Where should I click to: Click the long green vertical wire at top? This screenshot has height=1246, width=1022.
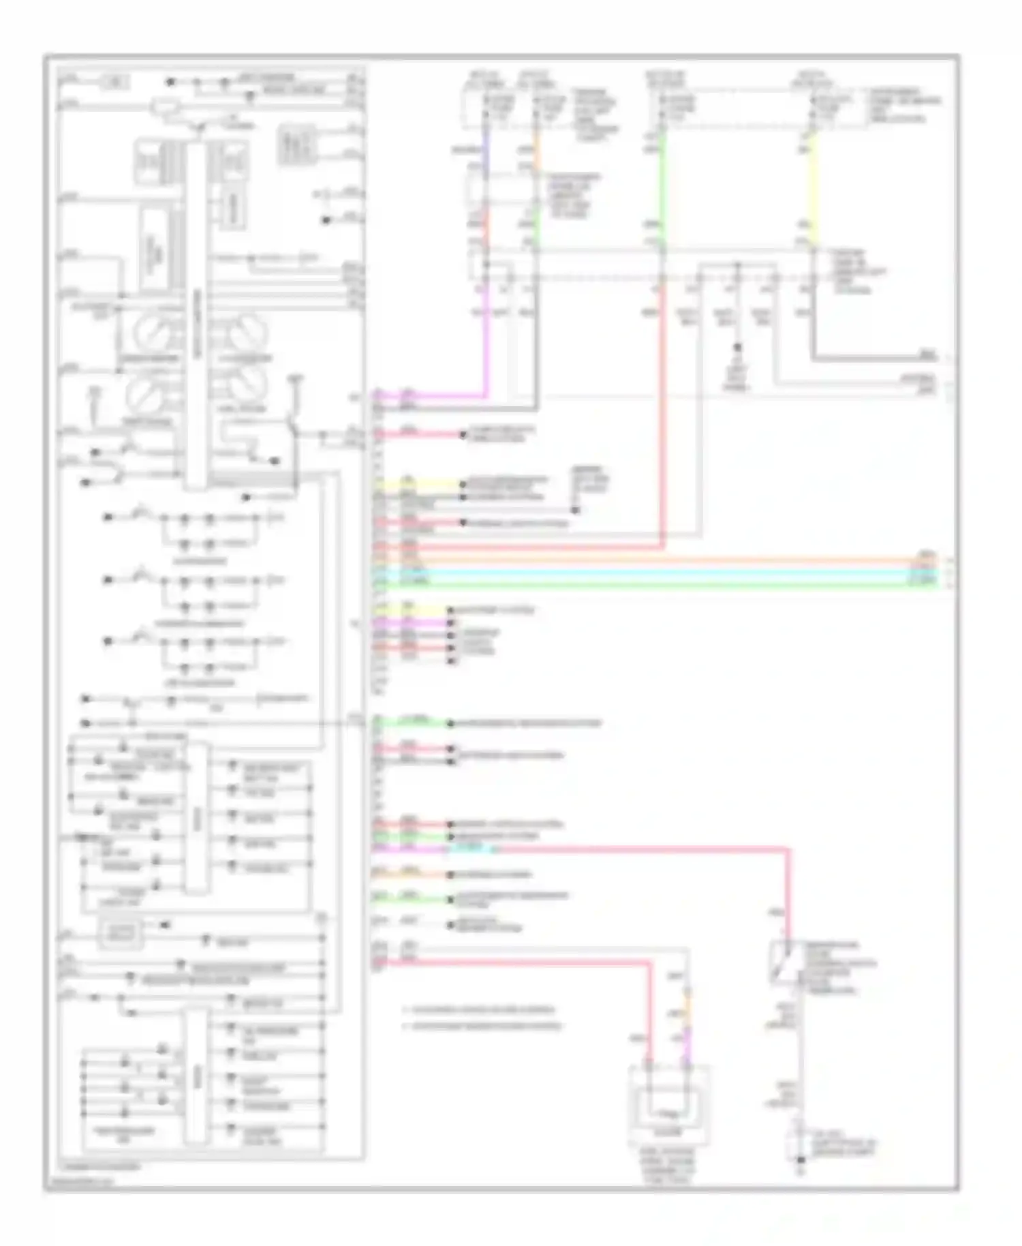663,184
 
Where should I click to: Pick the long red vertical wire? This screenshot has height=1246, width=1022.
662,423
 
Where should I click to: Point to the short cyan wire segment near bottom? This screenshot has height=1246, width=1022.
470,849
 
